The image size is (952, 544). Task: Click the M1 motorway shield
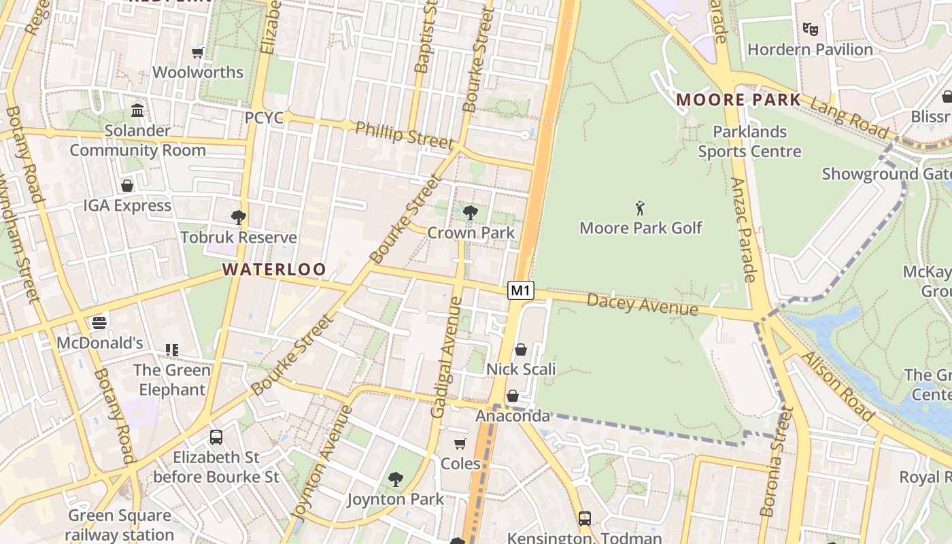coord(520,290)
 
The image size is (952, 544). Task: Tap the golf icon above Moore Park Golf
coord(640,208)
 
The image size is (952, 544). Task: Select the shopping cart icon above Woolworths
coord(198,52)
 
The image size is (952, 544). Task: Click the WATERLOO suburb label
coord(274,269)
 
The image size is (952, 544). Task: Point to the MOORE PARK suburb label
coord(738,100)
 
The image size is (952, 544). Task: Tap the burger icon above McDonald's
coord(99,322)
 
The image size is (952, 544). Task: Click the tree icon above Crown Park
coord(470,213)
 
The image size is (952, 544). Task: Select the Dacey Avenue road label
coord(642,304)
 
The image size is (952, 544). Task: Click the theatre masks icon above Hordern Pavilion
coord(809,29)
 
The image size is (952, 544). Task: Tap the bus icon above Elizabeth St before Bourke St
coord(216,437)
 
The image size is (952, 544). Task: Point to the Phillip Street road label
coord(404,134)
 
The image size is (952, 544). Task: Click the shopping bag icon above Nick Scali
coord(520,350)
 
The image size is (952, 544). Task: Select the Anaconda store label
coord(512,415)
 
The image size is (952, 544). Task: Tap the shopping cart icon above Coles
coord(460,443)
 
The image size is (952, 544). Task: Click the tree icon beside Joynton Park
coord(395,479)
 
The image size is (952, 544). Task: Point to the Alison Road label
coord(837,386)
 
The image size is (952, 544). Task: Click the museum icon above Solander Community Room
coord(137,110)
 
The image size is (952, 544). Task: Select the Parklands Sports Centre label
coord(749,141)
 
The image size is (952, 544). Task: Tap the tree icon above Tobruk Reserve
coord(238,218)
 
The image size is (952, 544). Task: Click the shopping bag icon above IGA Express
coord(126,186)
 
